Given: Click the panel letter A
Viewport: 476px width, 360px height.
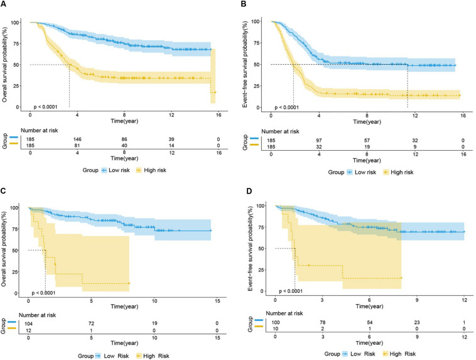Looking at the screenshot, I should [4, 6].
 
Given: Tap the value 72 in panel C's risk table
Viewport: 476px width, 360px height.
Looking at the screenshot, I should [91, 321].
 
